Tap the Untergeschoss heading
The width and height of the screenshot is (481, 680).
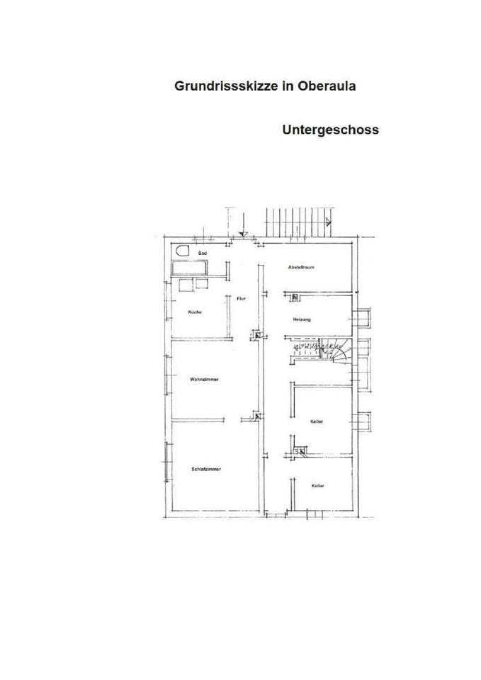click(x=330, y=130)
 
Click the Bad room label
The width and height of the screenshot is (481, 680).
click(x=203, y=253)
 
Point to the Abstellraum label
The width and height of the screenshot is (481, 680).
click(x=301, y=267)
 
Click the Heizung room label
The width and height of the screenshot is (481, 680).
click(x=301, y=319)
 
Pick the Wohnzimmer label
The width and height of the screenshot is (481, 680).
click(x=204, y=380)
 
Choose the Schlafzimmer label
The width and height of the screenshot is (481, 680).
click(x=205, y=469)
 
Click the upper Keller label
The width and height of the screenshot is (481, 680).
click(x=317, y=421)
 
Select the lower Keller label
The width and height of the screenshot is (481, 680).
click(x=317, y=486)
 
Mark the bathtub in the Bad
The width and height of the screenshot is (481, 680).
click(x=189, y=267)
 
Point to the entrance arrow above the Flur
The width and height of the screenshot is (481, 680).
click(x=243, y=232)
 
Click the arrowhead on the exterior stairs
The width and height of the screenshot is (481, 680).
click(x=328, y=221)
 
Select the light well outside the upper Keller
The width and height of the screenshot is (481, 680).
click(x=363, y=421)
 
